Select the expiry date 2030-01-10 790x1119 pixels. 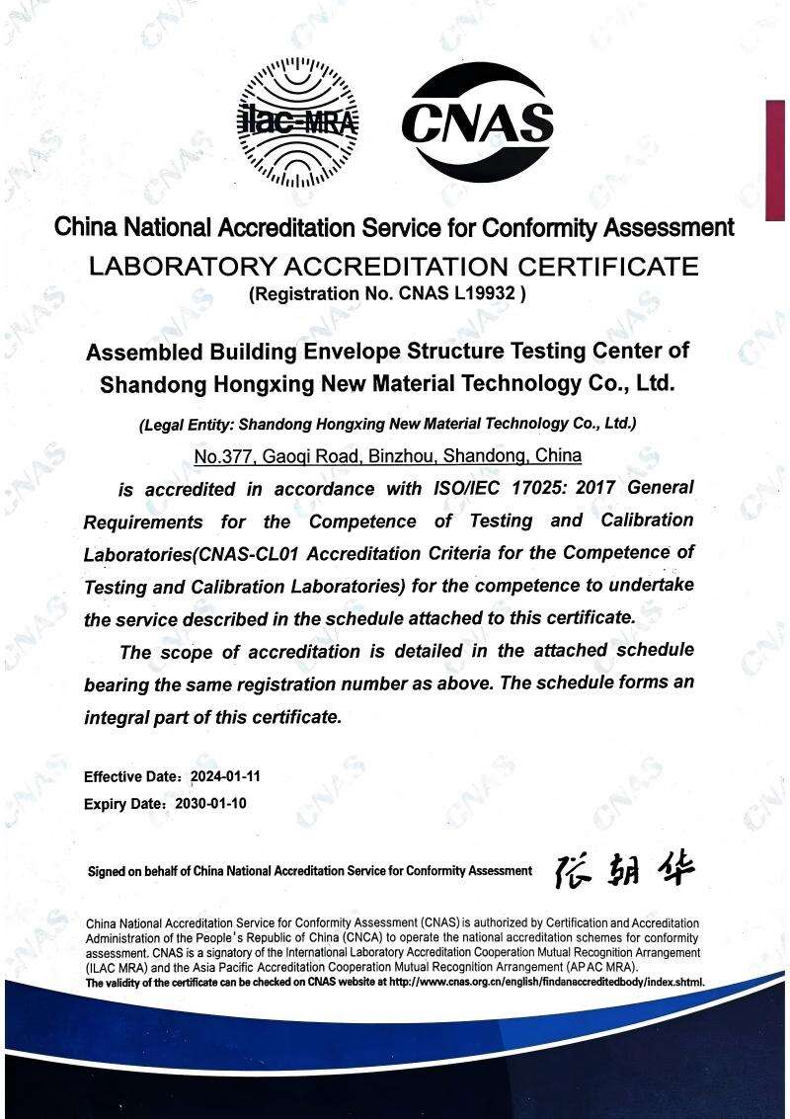pos(210,803)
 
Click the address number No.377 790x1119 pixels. pos(225,456)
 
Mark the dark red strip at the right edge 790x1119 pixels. pos(776,158)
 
